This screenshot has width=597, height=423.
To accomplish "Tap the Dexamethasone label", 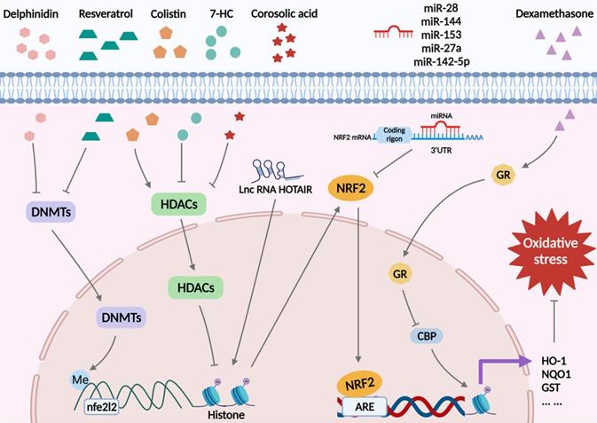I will tap(553, 15).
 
